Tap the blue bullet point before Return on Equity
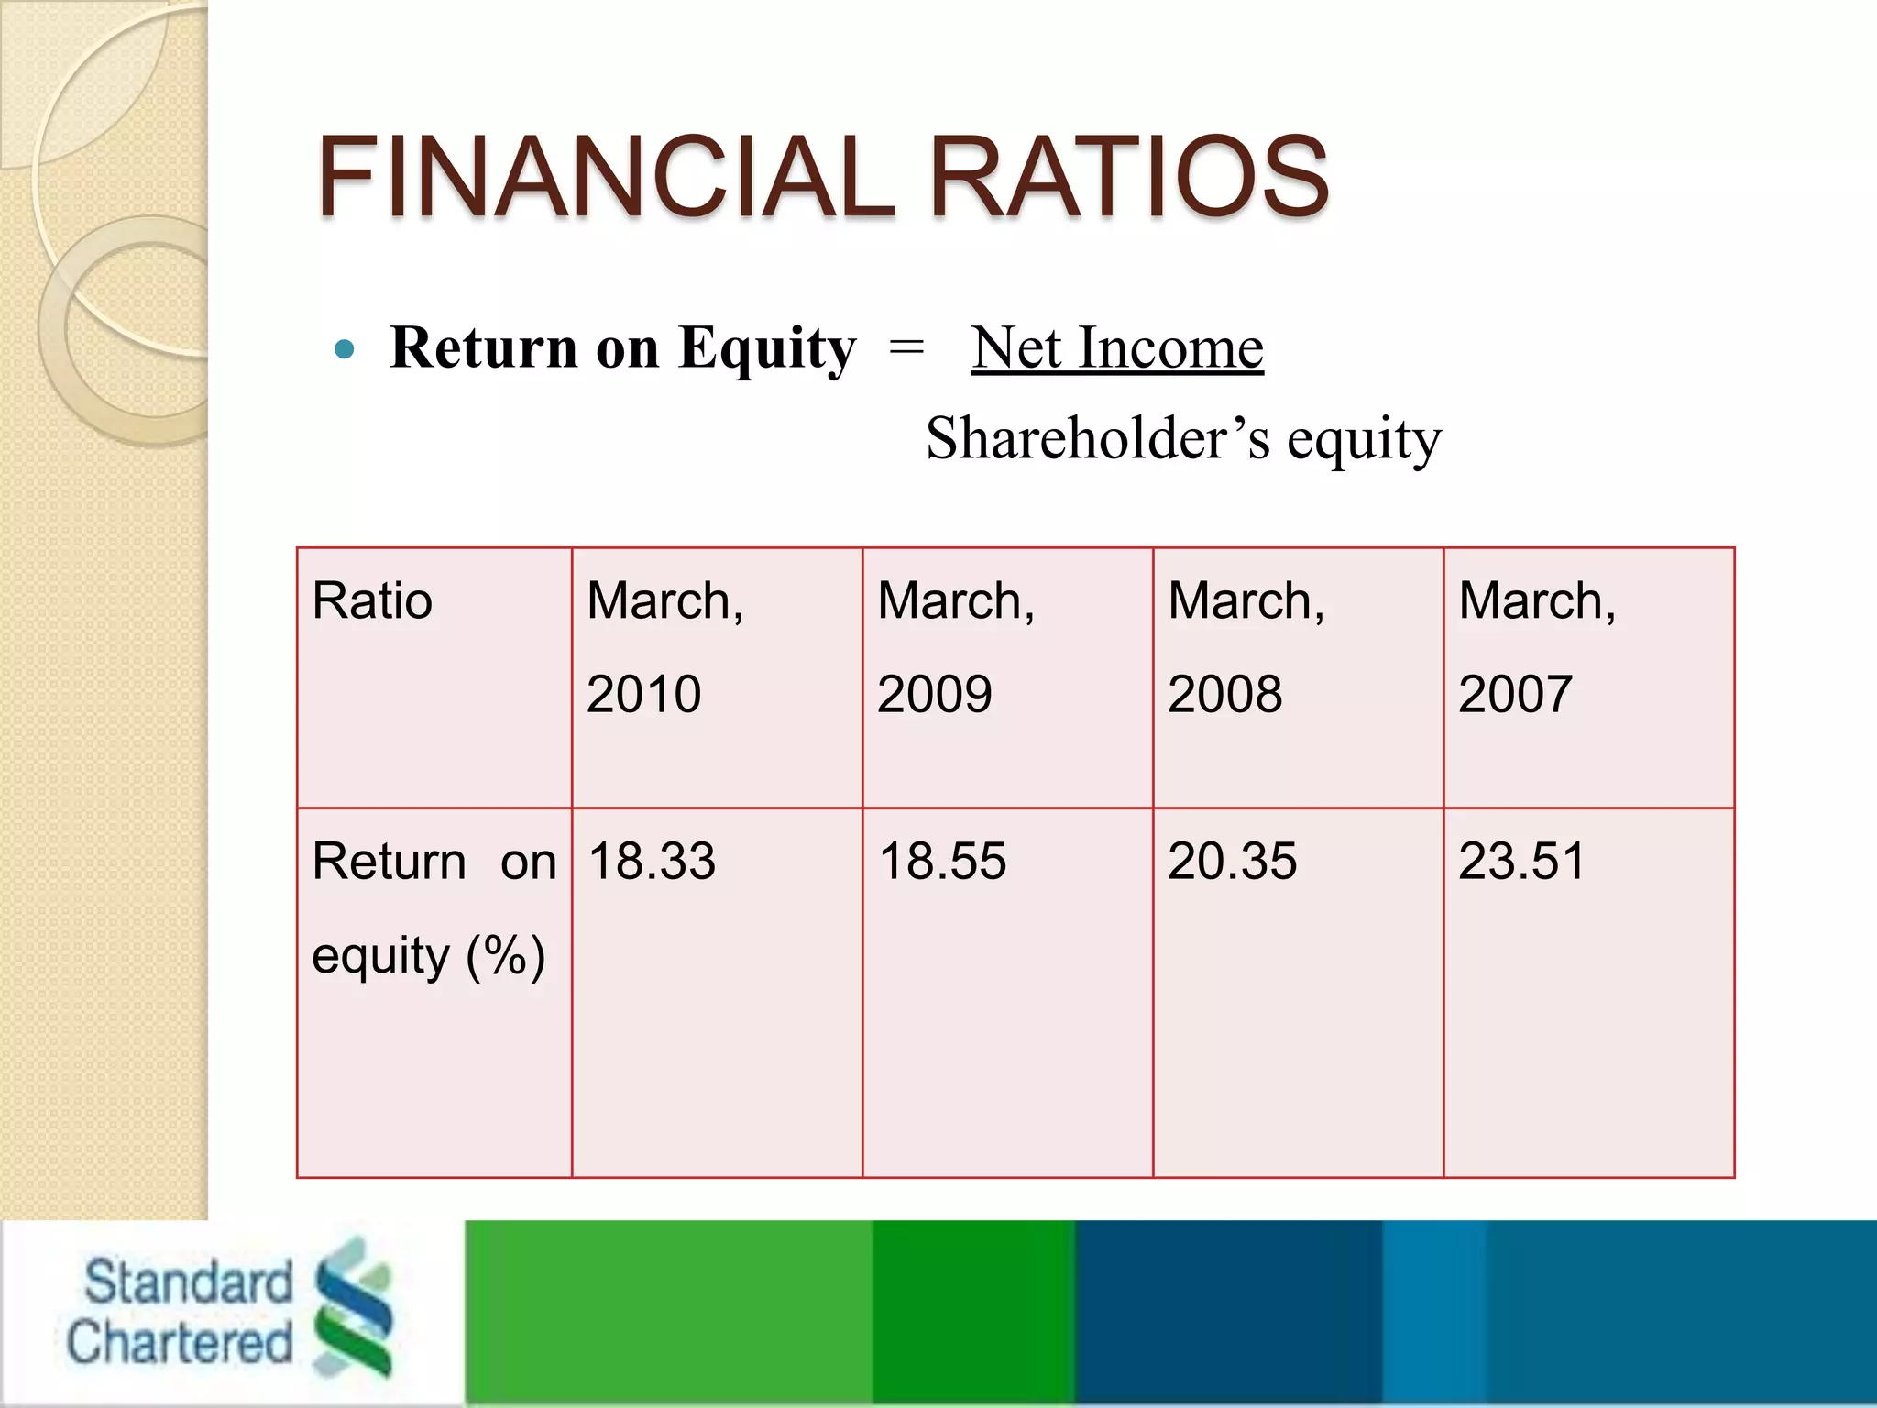point(345,349)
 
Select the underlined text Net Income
point(1117,348)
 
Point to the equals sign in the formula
point(906,348)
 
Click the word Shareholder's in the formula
point(1098,438)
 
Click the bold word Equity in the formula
point(768,349)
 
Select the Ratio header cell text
point(372,601)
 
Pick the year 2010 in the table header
point(643,694)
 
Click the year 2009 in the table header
point(934,694)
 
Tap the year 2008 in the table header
point(1224,694)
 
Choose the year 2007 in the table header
point(1515,694)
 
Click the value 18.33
point(652,862)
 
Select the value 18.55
point(942,862)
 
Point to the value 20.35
point(1232,862)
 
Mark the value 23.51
point(1521,862)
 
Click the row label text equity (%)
point(428,956)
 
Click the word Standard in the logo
point(188,1282)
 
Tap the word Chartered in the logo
point(179,1343)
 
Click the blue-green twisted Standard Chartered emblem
point(353,1307)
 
